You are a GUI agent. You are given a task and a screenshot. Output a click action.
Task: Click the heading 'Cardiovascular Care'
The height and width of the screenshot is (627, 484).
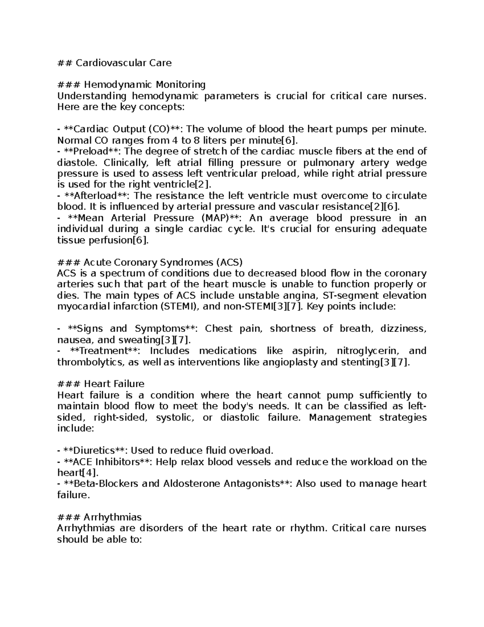[x=123, y=63]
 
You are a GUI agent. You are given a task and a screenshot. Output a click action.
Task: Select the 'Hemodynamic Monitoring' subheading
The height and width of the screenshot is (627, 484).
[x=144, y=85]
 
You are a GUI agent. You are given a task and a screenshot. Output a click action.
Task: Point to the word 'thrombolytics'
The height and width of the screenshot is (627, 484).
[x=91, y=362]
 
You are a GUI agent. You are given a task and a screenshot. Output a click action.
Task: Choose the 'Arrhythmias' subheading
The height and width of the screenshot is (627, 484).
[x=113, y=517]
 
